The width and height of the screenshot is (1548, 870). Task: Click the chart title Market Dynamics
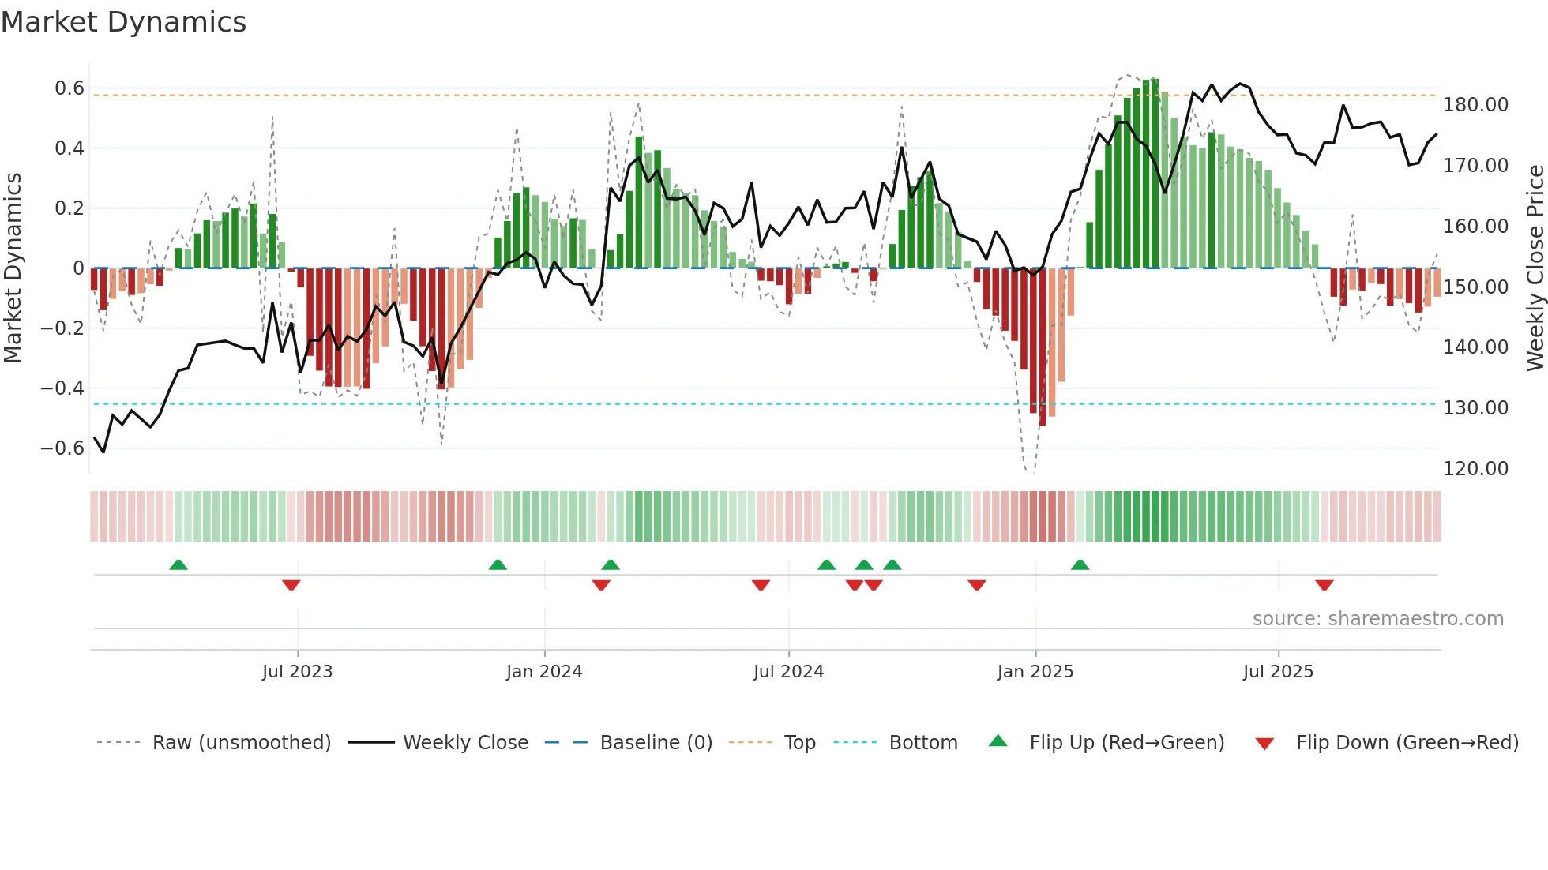[123, 22]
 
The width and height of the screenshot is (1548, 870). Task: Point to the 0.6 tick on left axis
[69, 88]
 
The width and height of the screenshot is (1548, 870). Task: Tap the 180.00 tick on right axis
[1475, 105]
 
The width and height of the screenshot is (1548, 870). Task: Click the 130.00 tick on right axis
[1475, 408]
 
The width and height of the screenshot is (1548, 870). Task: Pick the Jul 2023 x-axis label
[297, 672]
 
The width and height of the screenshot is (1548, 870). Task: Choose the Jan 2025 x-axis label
[1035, 672]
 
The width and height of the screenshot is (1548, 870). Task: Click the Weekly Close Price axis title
[1535, 268]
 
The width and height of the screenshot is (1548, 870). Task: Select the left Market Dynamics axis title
[13, 268]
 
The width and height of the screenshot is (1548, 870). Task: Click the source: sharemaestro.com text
[1377, 619]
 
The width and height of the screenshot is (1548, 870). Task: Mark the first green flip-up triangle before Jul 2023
[178, 564]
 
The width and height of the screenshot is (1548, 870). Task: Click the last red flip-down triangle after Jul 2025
[1324, 585]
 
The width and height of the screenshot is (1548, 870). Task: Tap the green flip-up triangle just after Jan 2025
[1080, 564]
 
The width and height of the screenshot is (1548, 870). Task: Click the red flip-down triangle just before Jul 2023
[291, 585]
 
